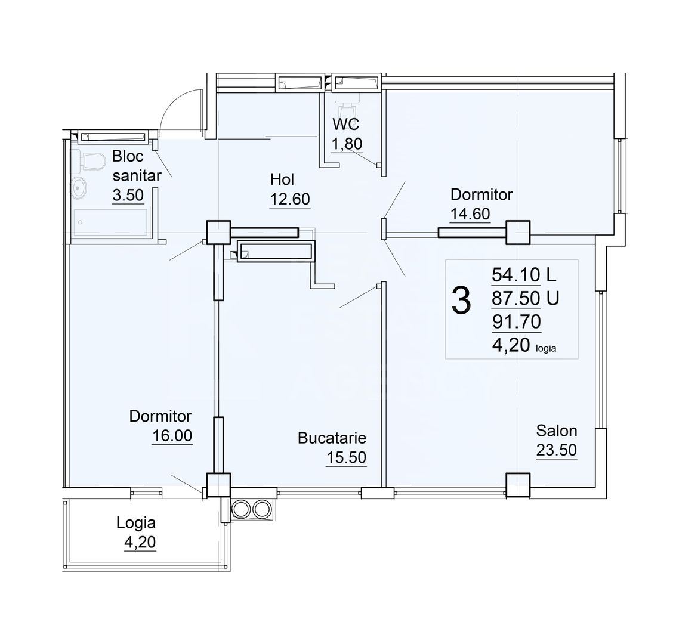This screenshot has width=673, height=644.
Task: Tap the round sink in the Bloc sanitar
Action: (79, 188)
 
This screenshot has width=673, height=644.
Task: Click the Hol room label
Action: (282, 179)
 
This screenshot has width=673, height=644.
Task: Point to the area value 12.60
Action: (290, 199)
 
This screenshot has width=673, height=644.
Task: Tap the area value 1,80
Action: (347, 144)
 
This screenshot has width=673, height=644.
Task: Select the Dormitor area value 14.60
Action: (470, 213)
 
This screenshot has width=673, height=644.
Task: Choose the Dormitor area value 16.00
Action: (172, 435)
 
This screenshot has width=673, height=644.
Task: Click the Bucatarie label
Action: (332, 438)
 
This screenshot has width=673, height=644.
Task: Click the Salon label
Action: (556, 430)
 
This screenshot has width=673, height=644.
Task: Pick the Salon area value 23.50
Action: (556, 450)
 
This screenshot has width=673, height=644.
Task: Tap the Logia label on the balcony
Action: (136, 523)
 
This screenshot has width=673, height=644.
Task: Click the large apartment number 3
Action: (461, 300)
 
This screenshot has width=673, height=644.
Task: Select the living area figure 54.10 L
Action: (523, 275)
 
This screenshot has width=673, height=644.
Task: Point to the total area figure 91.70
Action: (516, 321)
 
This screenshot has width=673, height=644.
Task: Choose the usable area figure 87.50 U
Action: (524, 298)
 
